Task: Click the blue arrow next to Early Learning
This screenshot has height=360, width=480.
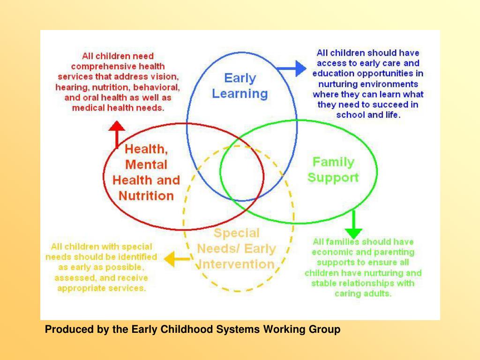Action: (292, 69)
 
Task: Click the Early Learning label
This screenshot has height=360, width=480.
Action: (240, 86)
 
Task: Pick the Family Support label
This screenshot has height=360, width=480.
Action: (333, 170)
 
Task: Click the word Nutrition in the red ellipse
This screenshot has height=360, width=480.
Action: (146, 195)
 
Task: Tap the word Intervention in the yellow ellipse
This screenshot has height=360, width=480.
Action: (237, 264)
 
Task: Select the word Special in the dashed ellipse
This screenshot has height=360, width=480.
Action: (236, 233)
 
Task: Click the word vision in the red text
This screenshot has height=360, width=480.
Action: (167, 77)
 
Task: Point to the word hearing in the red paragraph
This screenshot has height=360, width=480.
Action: (69, 87)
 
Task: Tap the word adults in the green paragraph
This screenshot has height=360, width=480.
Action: (379, 294)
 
